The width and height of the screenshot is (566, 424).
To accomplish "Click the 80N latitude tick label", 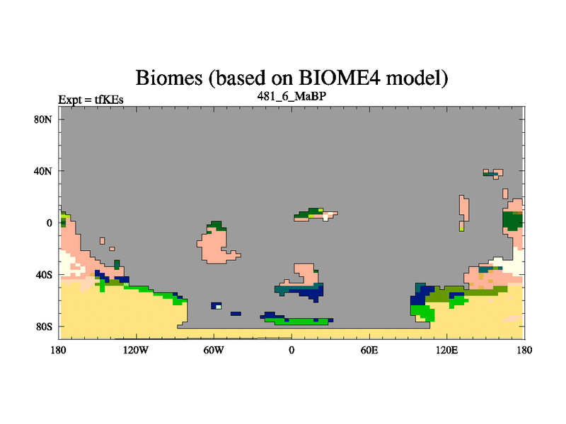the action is [x=42, y=119].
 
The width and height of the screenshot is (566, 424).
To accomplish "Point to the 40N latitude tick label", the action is [x=42, y=171].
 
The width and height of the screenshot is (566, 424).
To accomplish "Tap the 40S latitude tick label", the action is [x=43, y=275].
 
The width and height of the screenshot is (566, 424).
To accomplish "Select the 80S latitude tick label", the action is [x=43, y=326].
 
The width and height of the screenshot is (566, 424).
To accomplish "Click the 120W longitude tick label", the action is [x=136, y=350].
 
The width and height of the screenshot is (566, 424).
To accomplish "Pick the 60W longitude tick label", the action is [x=214, y=350].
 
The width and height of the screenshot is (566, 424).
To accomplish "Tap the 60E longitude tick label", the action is [x=369, y=350].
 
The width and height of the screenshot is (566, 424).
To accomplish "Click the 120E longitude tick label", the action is [x=447, y=350].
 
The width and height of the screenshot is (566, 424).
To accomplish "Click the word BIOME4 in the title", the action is [x=340, y=78].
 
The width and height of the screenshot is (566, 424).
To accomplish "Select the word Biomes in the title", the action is [x=169, y=78].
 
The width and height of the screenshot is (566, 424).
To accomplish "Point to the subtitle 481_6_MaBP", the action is [x=291, y=96].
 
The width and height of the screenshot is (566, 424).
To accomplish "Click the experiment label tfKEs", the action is [x=109, y=100].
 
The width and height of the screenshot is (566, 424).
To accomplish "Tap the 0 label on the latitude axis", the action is [x=49, y=223].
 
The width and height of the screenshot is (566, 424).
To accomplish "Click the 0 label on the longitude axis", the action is [x=291, y=350].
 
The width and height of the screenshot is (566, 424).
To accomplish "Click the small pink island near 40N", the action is [x=493, y=173].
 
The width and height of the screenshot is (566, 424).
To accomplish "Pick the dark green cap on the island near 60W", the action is [x=216, y=225].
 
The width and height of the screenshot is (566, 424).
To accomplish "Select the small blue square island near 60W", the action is [x=216, y=306].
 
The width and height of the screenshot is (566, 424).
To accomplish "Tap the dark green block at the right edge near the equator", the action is [x=512, y=221].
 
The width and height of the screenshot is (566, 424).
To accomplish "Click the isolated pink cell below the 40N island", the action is [x=505, y=194].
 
